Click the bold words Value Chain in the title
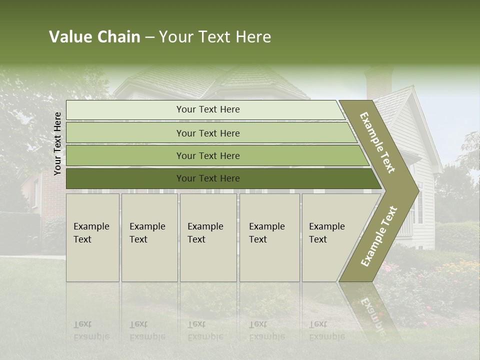coord(94,37)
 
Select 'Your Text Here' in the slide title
coord(215,37)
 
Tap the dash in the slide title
coord(149,37)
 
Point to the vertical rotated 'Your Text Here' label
coord(57,143)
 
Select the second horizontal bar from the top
coord(208,133)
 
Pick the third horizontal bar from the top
coord(208,155)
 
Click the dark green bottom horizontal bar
coord(208,178)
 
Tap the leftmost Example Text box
coord(92,237)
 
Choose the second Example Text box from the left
coord(149,237)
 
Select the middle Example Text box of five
coord(208,237)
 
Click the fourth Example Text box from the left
coord(269,237)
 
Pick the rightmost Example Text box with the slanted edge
coord(330,237)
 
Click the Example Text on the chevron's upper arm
coord(377,142)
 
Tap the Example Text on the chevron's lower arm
coord(379,236)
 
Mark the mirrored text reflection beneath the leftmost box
coord(91,330)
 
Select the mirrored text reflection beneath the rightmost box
coord(326,330)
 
